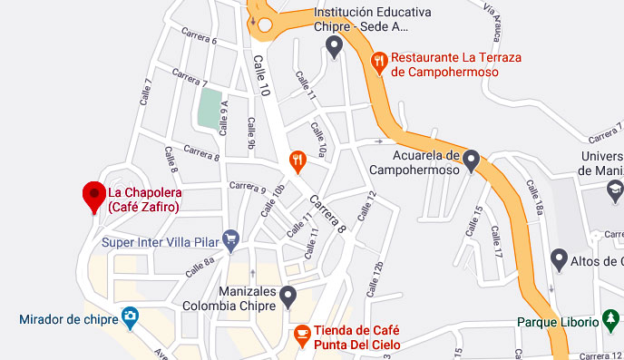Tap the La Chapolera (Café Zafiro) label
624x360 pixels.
(x=143, y=200)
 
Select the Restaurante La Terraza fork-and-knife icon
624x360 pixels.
(x=380, y=62)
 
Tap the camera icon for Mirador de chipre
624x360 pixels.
(x=131, y=317)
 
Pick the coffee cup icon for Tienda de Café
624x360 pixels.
(x=301, y=336)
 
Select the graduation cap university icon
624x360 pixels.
(x=616, y=190)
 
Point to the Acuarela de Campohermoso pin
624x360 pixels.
(x=470, y=161)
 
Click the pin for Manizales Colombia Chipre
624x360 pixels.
(x=288, y=296)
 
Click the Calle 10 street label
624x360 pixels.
(x=262, y=76)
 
